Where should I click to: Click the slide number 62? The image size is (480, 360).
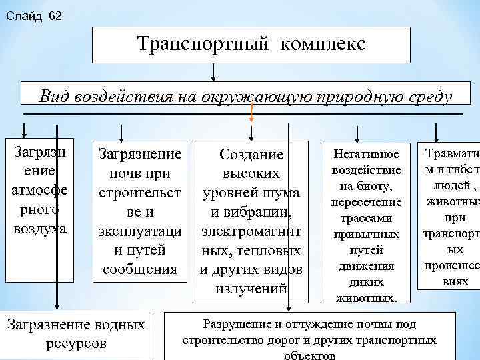click(x=55, y=15)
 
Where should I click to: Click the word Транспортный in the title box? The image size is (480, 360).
click(x=203, y=44)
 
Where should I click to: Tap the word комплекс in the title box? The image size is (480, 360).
click(x=323, y=44)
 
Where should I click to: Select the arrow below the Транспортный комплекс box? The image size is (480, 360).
click(x=213, y=71)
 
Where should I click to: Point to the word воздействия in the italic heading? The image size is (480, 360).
click(x=122, y=97)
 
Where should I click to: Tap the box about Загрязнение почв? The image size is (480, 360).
click(x=139, y=211)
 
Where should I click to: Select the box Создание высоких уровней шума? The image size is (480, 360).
click(x=251, y=220)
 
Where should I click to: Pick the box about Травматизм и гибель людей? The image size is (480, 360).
click(x=447, y=215)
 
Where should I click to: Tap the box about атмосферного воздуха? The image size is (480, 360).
click(x=39, y=190)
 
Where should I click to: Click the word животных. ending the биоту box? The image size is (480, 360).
click(x=367, y=298)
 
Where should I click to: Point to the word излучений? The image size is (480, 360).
click(x=251, y=289)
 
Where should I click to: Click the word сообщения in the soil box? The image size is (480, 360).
click(x=139, y=269)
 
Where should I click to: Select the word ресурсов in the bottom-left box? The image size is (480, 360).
click(x=76, y=344)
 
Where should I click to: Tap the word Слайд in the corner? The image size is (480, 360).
click(x=23, y=15)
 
